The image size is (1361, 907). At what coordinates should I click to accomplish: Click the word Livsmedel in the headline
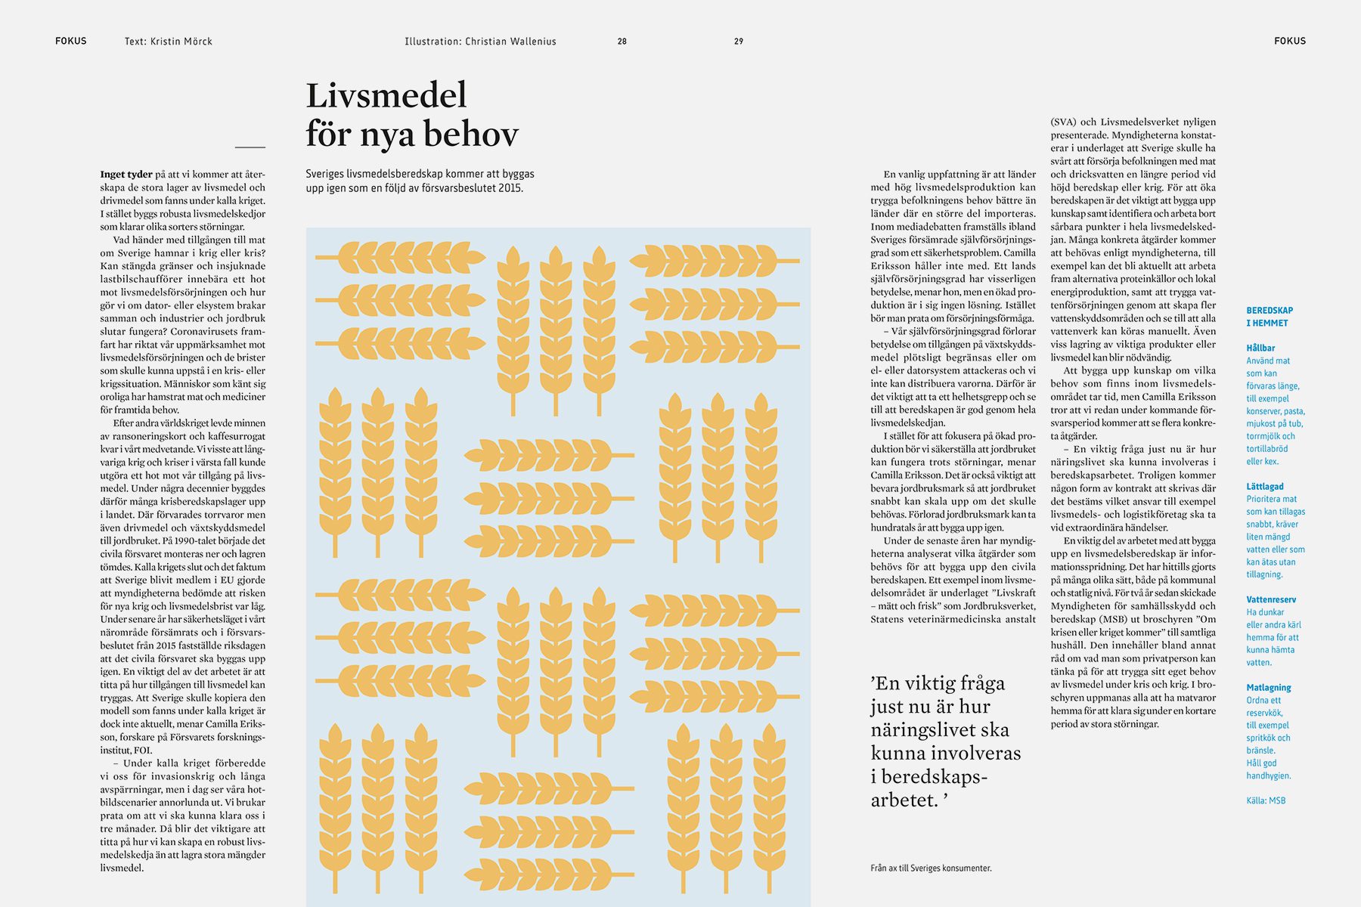386,96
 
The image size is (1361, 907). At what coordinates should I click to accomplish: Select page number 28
622,42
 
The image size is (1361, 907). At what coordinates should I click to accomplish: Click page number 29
739,42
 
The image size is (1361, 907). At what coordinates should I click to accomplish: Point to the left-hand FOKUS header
71,41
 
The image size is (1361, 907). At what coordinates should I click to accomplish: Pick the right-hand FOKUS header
1290,41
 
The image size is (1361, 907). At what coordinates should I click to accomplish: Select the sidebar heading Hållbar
1260,348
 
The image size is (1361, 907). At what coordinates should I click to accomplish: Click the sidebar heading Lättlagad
1265,487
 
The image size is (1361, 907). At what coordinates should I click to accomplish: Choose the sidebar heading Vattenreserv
1271,599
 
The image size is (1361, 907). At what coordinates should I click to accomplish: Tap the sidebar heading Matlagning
1269,688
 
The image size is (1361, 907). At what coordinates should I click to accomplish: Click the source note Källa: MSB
1266,800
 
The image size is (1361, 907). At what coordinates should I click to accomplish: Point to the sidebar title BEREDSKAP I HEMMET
1270,317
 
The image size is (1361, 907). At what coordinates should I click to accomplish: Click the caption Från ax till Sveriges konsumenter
931,868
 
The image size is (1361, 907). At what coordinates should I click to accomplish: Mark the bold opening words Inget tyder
126,175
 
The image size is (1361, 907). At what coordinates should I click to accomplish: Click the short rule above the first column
250,147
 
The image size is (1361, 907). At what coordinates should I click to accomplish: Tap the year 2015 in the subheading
510,188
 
